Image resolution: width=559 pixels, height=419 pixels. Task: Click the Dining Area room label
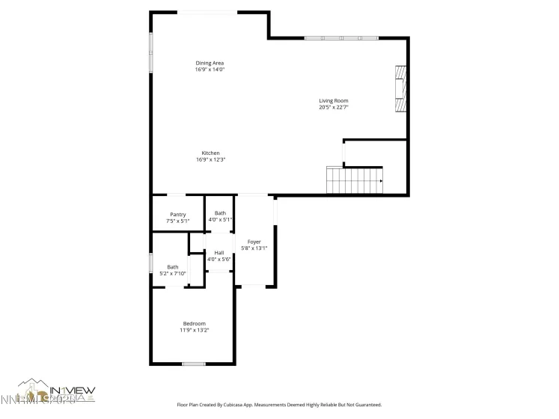click(x=210, y=63)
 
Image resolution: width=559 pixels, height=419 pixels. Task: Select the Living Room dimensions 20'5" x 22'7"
click(x=334, y=107)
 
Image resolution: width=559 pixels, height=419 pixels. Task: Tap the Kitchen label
click(x=210, y=153)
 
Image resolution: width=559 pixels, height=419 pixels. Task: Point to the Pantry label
click(x=177, y=215)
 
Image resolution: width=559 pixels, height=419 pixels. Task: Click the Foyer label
click(x=254, y=242)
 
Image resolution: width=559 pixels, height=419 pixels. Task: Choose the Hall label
click(x=219, y=253)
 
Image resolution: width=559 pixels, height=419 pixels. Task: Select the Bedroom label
click(x=194, y=323)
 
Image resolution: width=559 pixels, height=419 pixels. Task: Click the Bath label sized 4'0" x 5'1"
click(x=220, y=213)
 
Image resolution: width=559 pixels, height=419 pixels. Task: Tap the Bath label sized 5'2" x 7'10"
click(x=172, y=267)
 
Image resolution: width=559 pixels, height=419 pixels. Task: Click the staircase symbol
click(x=354, y=180)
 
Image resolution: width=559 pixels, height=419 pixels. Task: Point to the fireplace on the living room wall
click(x=400, y=88)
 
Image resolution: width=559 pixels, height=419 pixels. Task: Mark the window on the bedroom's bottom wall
click(x=194, y=364)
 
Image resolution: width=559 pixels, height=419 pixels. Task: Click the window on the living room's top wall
click(x=341, y=37)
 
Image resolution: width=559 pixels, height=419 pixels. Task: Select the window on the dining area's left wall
click(x=151, y=52)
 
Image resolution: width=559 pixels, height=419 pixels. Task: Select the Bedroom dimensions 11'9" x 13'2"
click(x=194, y=330)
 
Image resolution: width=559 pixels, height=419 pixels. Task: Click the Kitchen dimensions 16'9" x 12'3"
click(x=210, y=159)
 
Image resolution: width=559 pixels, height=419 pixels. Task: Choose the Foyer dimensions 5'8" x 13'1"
click(x=254, y=248)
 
